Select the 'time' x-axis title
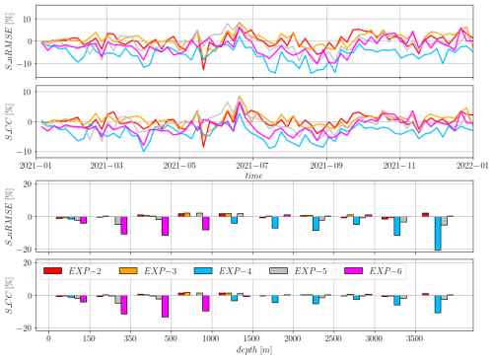click(261, 175)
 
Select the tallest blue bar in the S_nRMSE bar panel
click(437, 233)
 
